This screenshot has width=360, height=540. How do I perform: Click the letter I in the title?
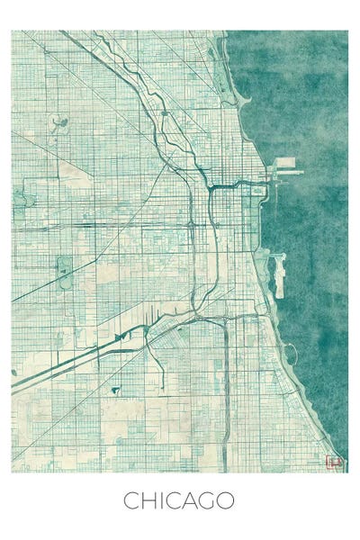(160, 500)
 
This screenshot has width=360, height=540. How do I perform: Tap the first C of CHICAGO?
(131, 500)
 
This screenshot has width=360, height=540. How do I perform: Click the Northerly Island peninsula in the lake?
(279, 274)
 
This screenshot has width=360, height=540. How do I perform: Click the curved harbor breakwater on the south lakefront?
(291, 354)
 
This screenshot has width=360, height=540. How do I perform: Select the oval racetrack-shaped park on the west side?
(65, 272)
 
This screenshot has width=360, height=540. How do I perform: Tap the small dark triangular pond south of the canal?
(115, 390)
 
